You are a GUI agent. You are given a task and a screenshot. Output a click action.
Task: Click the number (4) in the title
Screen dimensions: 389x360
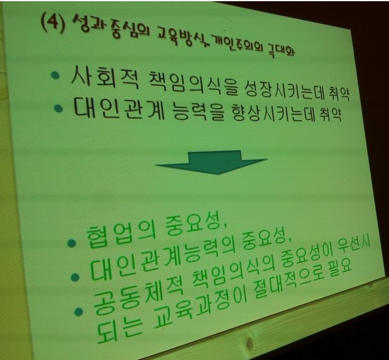pos(53,23)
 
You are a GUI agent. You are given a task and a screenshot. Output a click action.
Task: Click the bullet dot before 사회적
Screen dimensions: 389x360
pos(55,75)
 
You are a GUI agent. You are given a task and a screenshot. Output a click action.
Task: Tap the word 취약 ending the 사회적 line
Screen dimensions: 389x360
pos(340,94)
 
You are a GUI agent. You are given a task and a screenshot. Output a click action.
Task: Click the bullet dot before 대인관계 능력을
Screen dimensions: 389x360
pos(58,108)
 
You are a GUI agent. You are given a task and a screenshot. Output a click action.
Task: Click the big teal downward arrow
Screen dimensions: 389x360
pos(212,162)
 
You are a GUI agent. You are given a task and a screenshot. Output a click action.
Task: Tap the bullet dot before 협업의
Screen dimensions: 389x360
pos(72,243)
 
